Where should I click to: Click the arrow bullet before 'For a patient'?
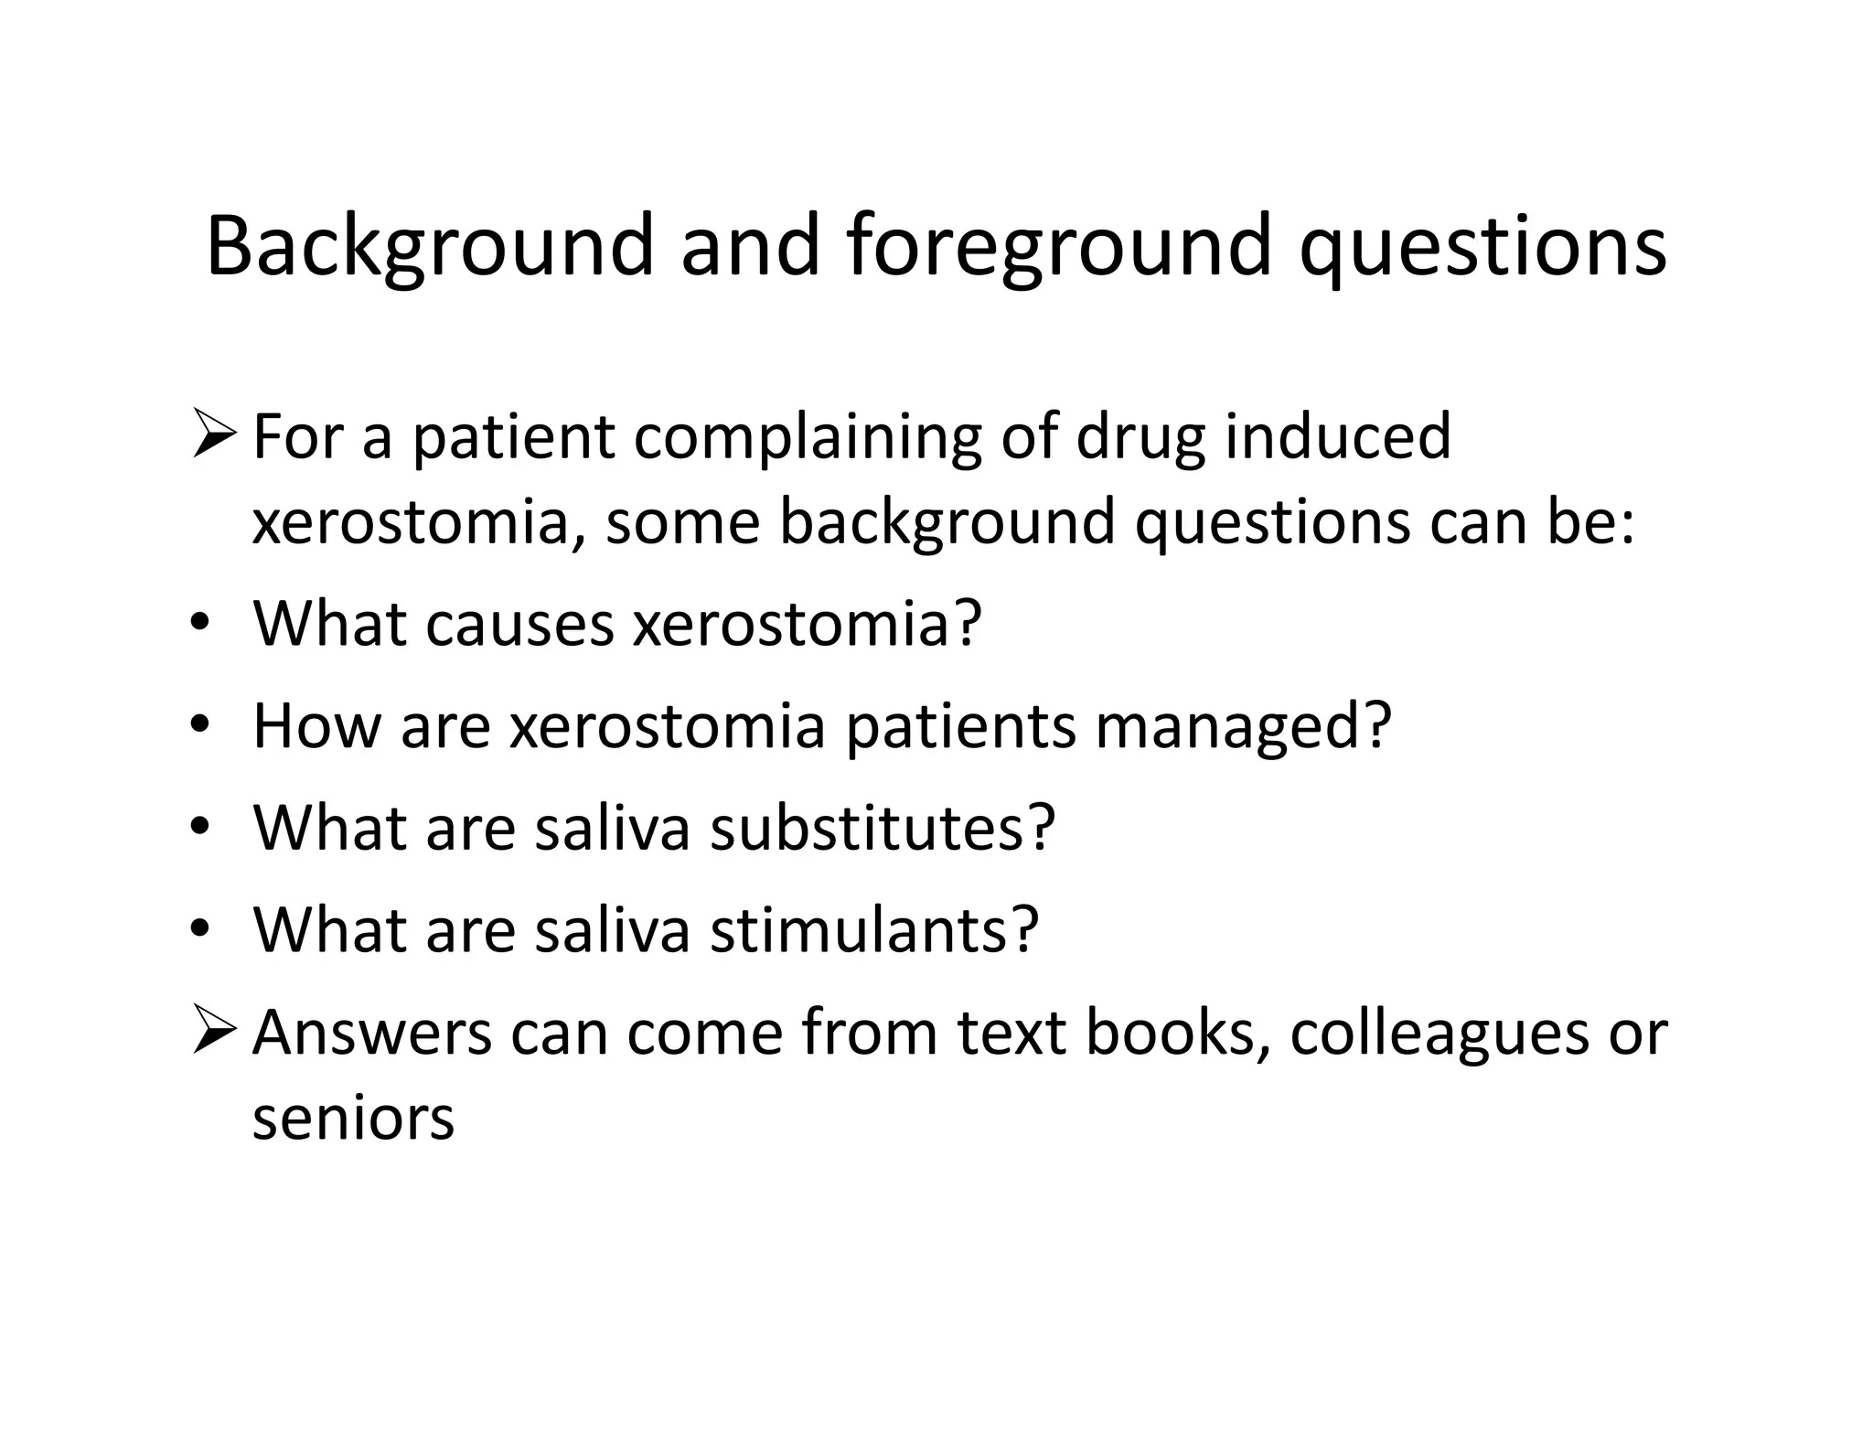[214, 436]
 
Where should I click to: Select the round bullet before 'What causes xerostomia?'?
[200, 624]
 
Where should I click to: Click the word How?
[316, 726]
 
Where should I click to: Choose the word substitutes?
[883, 828]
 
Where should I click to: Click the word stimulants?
[874, 929]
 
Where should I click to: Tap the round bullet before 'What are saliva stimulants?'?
[200, 929]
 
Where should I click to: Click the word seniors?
[353, 1119]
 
